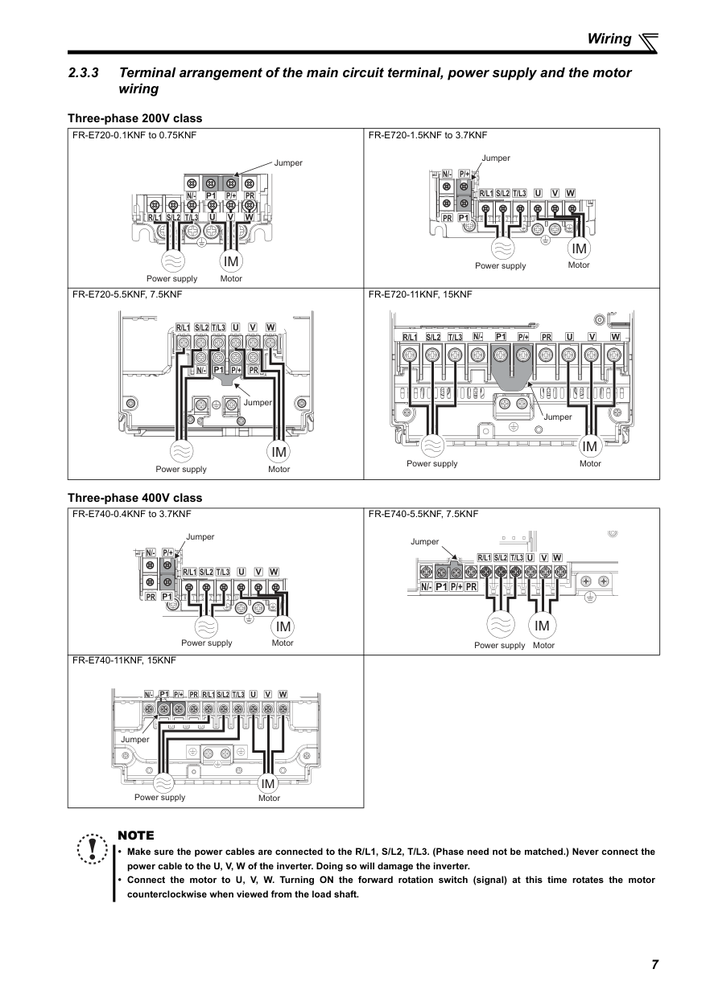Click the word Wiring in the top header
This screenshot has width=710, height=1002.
(609, 39)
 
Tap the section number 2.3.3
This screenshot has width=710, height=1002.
(84, 73)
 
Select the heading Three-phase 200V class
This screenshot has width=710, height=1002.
(135, 118)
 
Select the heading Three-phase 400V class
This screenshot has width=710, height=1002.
(135, 498)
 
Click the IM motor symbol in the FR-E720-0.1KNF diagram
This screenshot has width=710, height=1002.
(231, 262)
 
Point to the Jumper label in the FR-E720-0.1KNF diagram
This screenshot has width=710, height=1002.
(288, 163)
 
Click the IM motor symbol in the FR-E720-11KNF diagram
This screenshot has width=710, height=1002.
(590, 446)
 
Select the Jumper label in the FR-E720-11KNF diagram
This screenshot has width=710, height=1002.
(558, 417)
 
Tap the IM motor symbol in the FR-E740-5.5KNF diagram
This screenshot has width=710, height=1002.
(542, 626)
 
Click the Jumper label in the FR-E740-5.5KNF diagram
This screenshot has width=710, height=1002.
(425, 541)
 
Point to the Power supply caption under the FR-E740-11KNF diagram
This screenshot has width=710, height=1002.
(159, 798)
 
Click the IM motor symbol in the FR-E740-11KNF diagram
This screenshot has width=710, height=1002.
(268, 783)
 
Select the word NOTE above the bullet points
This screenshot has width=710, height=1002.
(135, 836)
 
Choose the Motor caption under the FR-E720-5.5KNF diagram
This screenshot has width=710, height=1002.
(279, 470)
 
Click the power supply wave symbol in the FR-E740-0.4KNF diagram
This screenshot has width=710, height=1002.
(207, 626)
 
